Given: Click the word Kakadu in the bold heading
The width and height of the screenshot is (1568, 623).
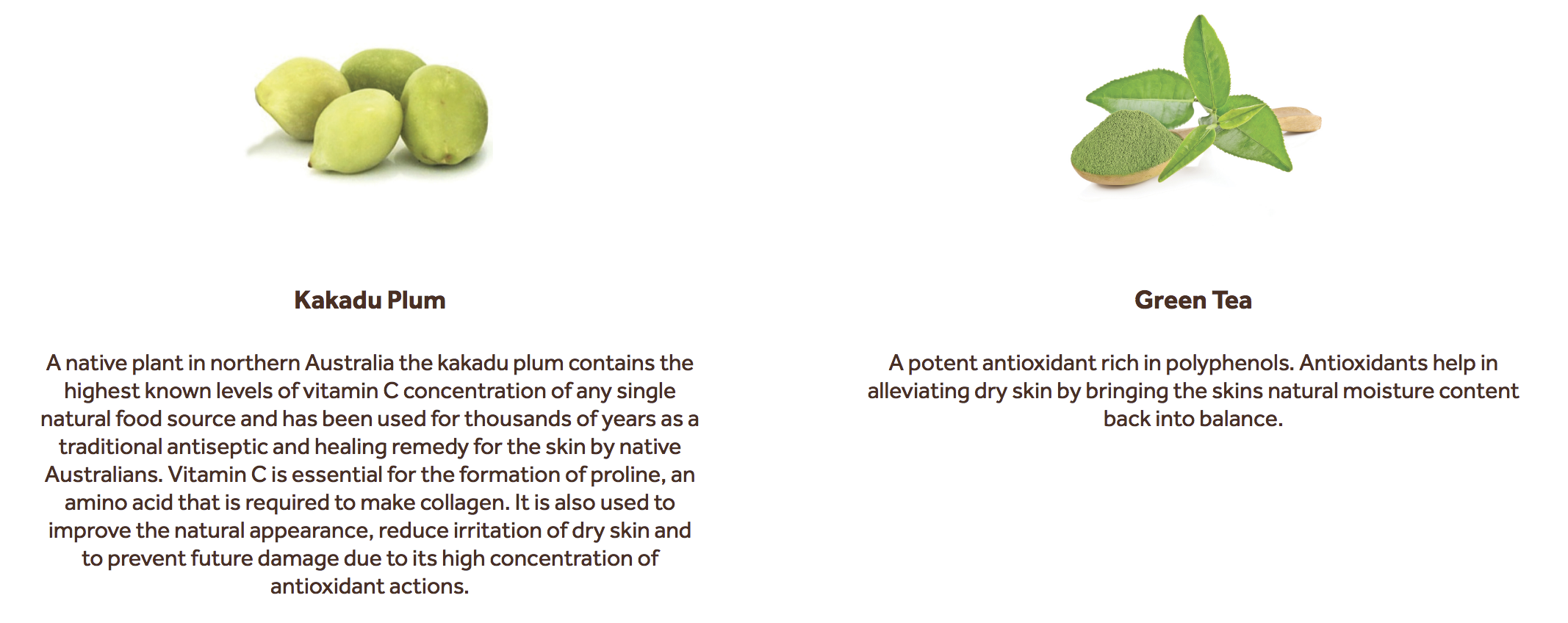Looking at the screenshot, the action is [337, 300].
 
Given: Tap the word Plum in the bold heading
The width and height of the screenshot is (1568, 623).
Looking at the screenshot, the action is [417, 300].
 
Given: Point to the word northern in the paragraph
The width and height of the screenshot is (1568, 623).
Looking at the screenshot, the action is [255, 363].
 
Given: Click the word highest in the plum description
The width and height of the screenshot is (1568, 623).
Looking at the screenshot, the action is [101, 391].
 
